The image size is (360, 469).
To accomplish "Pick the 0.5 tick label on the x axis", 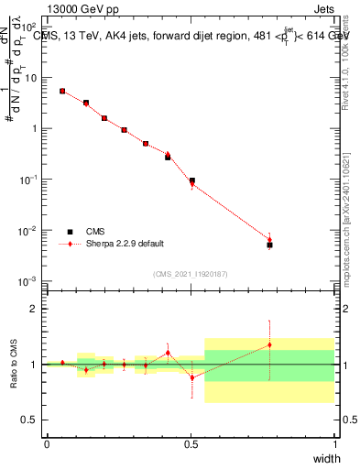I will [191, 444].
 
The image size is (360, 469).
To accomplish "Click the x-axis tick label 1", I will [334, 444].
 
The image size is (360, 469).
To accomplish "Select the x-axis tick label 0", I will [47, 444].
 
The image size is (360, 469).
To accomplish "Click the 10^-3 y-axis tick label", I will [27, 281].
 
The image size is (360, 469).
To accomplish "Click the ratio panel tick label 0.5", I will [28, 420].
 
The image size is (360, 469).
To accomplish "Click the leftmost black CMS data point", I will [62, 91].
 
